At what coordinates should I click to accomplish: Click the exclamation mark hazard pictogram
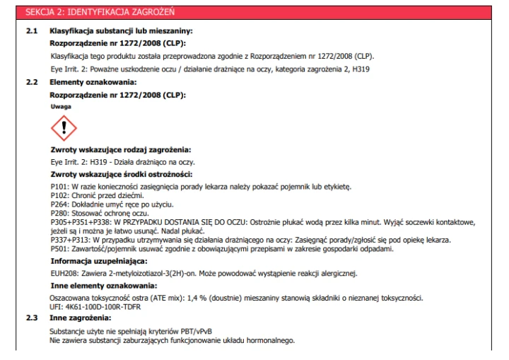64,128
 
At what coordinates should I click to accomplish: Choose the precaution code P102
59,194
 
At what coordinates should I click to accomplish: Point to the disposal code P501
59,247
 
